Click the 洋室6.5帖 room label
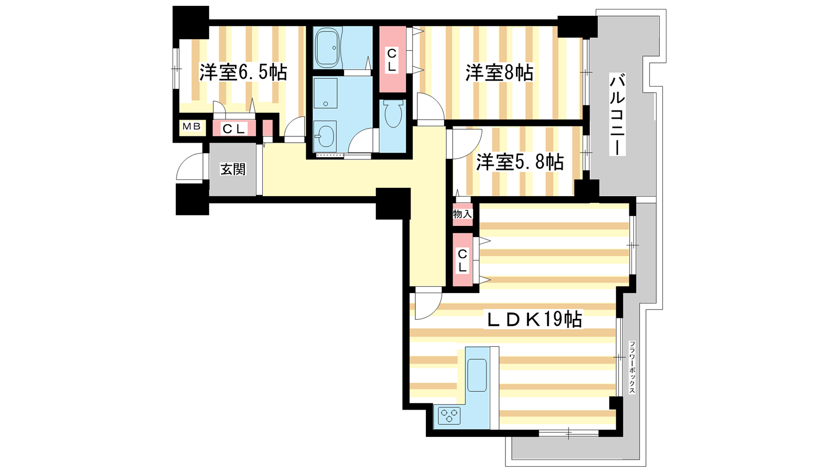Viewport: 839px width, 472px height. [x=243, y=72]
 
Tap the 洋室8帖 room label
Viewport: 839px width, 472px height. [x=499, y=73]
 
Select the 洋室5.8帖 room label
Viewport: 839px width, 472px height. [x=520, y=162]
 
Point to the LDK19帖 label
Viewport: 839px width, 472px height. [x=533, y=319]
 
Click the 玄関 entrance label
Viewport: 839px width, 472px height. [x=233, y=169]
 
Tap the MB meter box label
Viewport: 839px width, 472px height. [x=192, y=126]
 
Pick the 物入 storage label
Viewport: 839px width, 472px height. [x=462, y=214]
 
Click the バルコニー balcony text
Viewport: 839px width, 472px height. [x=617, y=115]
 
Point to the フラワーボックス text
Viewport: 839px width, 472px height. [x=632, y=367]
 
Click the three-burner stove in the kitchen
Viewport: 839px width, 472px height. [x=449, y=415]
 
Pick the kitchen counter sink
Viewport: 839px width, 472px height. [x=477, y=376]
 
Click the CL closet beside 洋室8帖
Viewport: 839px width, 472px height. [x=392, y=59]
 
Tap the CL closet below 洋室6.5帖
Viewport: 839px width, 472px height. [x=234, y=128]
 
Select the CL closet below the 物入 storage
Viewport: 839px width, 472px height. [x=462, y=260]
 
